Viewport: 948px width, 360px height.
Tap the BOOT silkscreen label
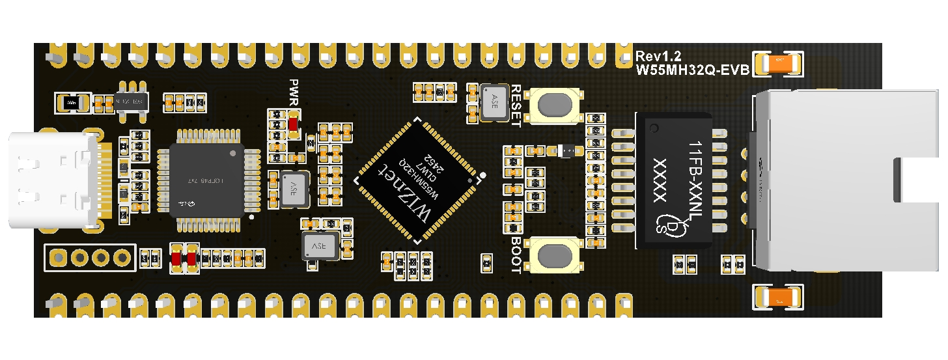(x=516, y=255)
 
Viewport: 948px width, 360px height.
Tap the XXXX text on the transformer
(x=660, y=180)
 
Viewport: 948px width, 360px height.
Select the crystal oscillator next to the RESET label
(x=495, y=102)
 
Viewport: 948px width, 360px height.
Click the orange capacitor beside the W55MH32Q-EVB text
(x=777, y=64)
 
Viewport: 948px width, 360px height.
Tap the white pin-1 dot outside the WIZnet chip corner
(x=484, y=174)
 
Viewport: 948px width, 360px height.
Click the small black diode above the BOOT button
(x=566, y=150)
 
